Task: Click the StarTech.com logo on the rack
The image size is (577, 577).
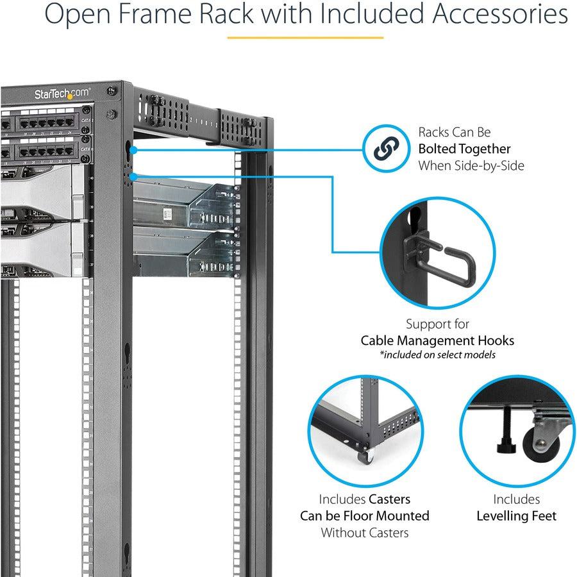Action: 62,94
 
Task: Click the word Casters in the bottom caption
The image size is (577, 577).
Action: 389,499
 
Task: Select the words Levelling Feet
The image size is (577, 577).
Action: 516,515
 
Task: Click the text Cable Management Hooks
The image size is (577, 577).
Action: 437,340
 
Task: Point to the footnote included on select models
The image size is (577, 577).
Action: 437,355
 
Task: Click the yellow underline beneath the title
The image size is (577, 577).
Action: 305,37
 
